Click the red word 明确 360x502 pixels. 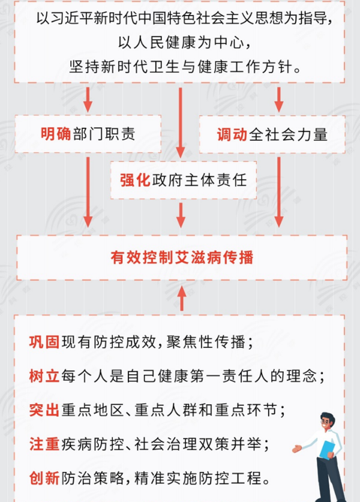pos(56,134)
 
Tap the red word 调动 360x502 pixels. pos(232,134)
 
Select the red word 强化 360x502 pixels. pos(135,180)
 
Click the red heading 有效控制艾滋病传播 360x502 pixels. pos(182,257)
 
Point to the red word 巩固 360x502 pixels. pos(44,342)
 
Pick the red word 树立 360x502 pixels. pos(44,376)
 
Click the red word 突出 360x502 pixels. pos(44,410)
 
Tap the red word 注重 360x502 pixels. pos(44,444)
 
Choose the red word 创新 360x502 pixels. pos(44,478)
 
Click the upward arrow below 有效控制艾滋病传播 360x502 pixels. pos(182,298)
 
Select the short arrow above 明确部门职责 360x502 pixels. pos(88,100)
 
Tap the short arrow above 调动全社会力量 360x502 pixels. pos(278,100)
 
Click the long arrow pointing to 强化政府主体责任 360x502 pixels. pos(181,122)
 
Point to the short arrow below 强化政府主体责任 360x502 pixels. pos(181,215)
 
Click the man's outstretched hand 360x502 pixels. pos(297,449)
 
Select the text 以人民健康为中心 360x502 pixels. pos(184,43)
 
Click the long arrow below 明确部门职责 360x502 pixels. pos(88,192)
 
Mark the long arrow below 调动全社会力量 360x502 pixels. pos(278,192)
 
